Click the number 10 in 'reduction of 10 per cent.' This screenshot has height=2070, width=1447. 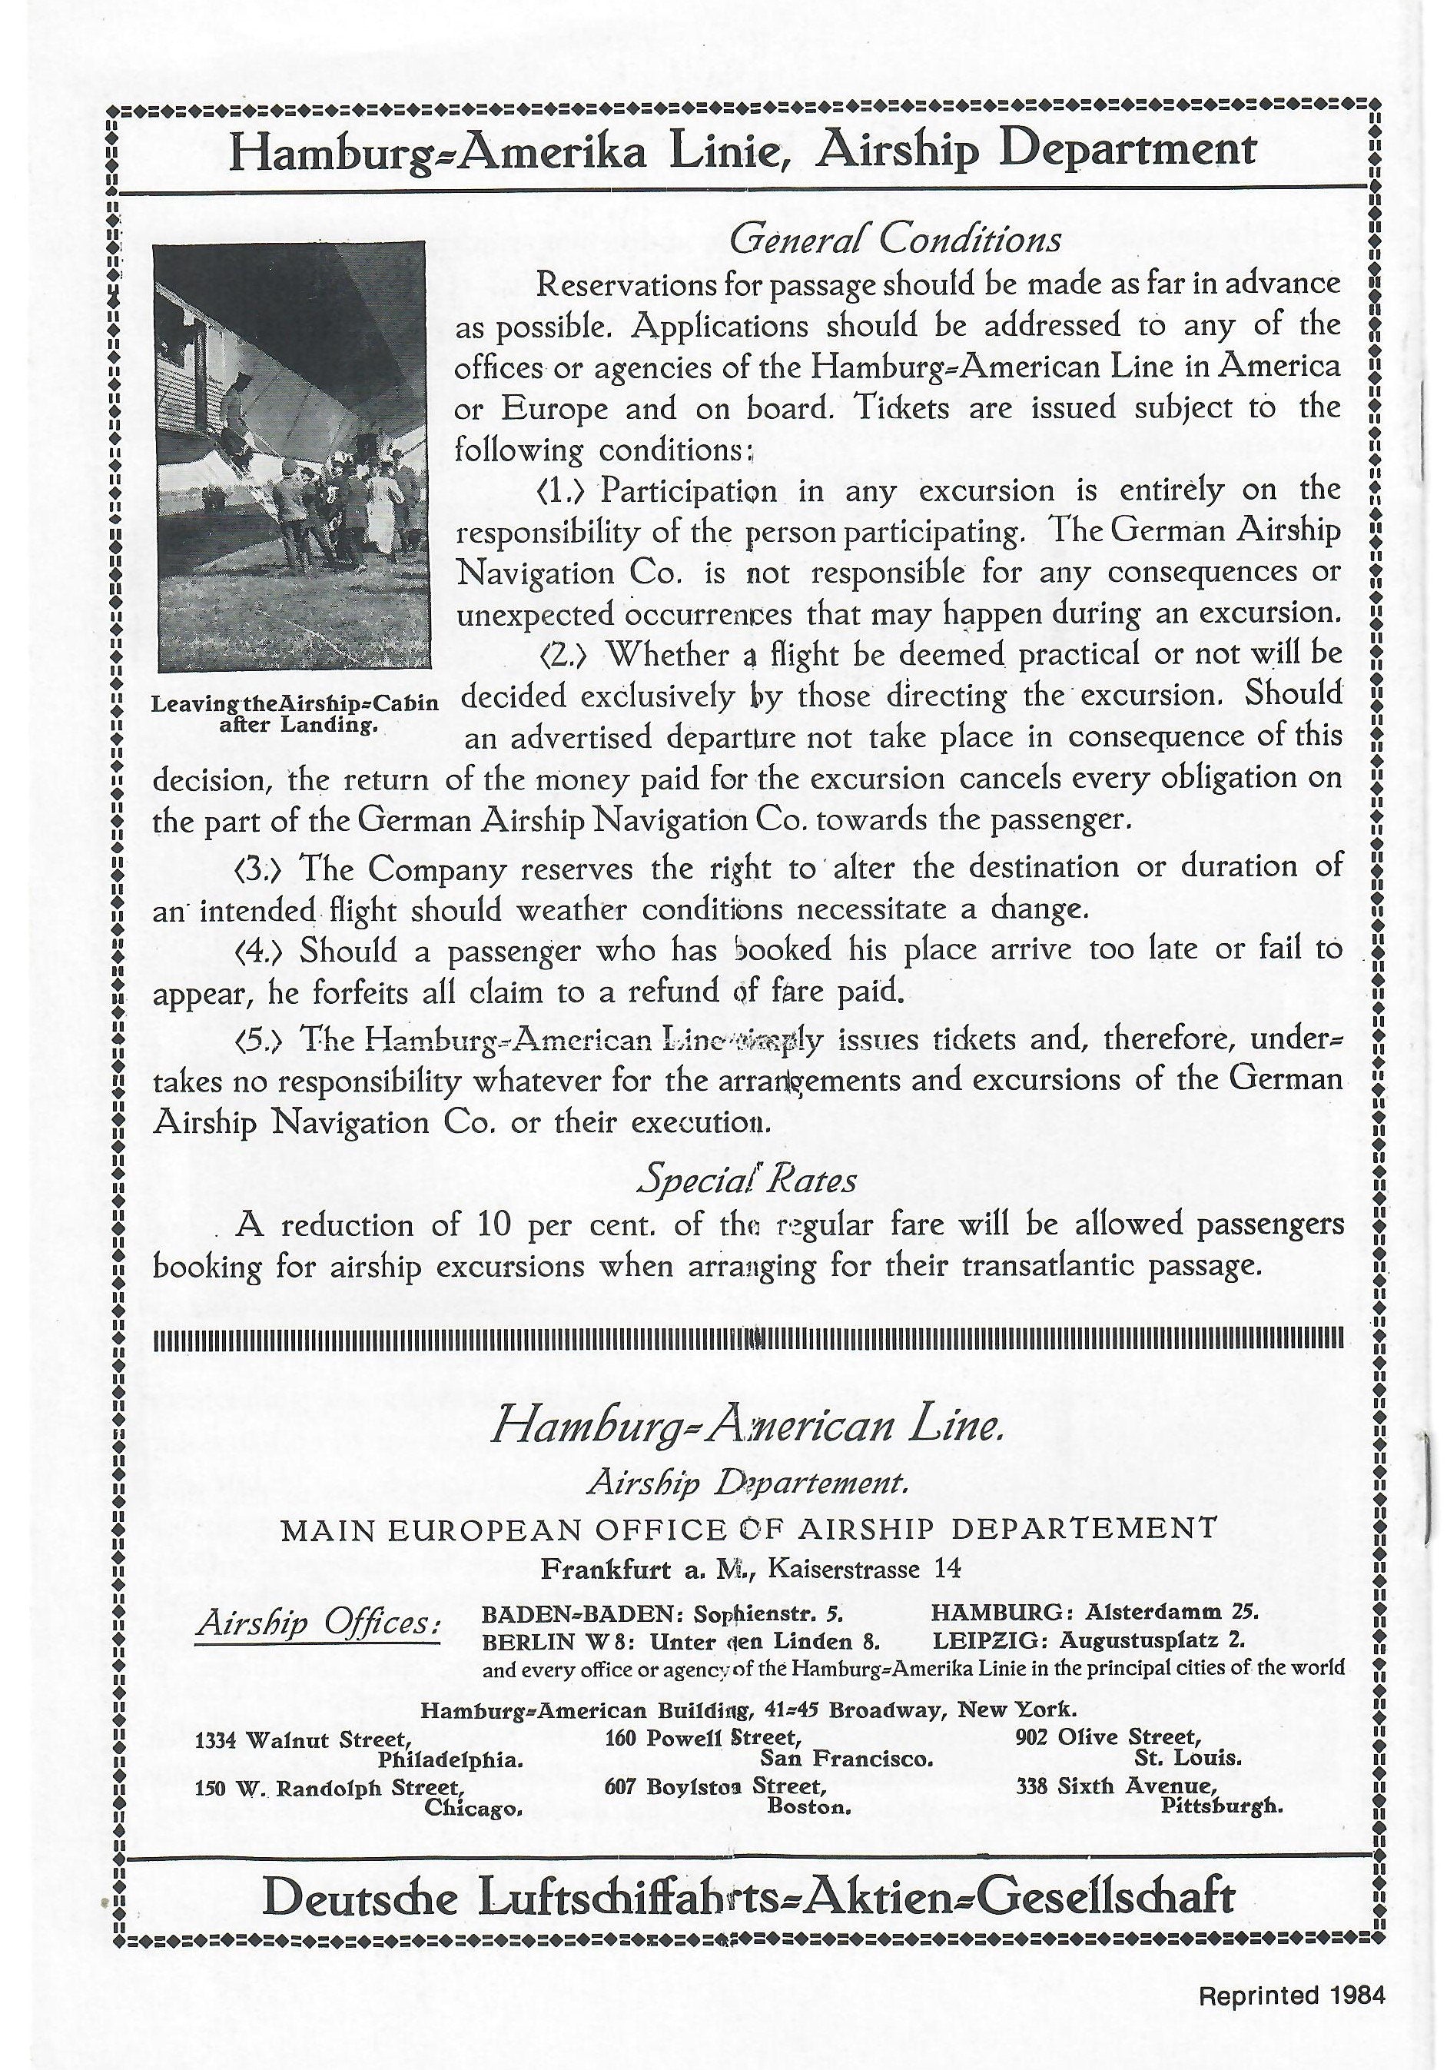tap(493, 1225)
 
